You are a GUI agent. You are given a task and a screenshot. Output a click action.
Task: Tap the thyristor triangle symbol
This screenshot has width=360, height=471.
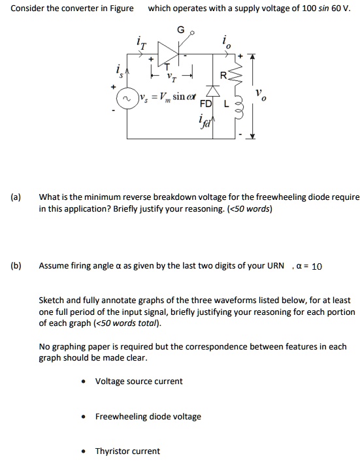(x=165, y=55)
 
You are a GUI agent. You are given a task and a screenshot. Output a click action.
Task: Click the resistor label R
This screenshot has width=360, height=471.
(x=223, y=76)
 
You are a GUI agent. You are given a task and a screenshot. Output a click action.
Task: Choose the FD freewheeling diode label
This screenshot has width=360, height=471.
(x=205, y=105)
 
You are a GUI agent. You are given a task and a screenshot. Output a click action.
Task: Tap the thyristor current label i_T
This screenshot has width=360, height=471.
(x=141, y=43)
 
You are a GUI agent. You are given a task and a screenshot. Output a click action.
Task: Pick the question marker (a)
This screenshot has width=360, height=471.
(x=16, y=197)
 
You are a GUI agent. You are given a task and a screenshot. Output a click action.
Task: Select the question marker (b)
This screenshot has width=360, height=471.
(x=16, y=266)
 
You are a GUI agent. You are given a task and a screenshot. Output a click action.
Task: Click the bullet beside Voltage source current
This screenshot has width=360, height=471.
(x=83, y=382)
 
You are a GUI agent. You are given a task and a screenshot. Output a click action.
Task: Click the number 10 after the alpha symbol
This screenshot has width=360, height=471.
(x=317, y=267)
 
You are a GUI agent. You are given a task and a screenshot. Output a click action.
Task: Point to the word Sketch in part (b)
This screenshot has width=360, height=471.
(x=53, y=300)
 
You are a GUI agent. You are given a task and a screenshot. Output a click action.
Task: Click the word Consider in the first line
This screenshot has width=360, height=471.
(x=30, y=8)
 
